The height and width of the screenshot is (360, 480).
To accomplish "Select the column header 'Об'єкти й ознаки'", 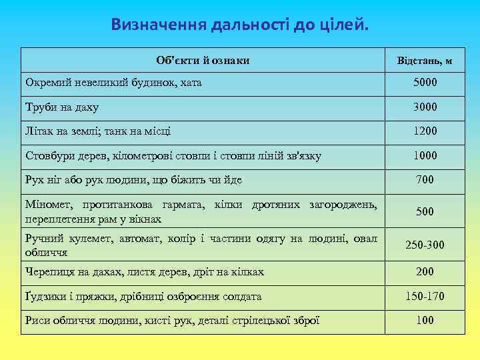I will click(x=203, y=61).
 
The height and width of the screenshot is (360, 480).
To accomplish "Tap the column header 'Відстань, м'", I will click(x=425, y=61).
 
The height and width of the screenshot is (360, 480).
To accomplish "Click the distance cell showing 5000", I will click(x=425, y=83).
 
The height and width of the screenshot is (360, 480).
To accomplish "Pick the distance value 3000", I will click(x=425, y=107).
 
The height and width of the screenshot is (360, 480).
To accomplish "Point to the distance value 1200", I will click(x=425, y=131).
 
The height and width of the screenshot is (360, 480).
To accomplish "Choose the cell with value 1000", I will click(x=425, y=155).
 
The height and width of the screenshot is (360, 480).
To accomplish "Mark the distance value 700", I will click(x=425, y=179).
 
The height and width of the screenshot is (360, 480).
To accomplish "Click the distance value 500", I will click(x=425, y=211).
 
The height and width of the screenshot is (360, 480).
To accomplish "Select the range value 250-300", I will click(x=425, y=245).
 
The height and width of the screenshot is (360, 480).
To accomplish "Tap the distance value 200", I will click(x=425, y=271).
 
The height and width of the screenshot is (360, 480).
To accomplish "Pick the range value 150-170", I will click(x=425, y=296).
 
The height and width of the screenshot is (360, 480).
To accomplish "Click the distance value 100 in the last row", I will click(x=425, y=320).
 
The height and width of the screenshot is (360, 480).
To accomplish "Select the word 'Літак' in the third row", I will click(x=39, y=131).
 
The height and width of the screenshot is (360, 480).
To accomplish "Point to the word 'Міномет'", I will click(x=47, y=204).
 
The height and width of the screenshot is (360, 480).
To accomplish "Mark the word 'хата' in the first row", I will click(x=187, y=83).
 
